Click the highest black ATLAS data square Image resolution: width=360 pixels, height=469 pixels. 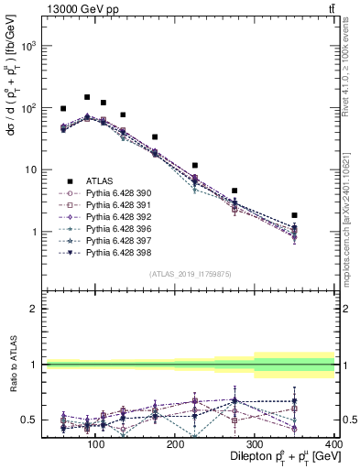[87, 97]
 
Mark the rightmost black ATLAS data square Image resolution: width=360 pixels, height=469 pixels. [294, 215]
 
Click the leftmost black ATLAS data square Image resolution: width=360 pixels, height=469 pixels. [63, 108]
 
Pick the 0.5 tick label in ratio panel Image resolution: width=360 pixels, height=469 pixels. [27, 420]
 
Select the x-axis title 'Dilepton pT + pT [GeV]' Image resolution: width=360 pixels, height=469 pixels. [278, 457]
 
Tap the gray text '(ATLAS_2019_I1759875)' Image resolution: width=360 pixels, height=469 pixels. [189, 272]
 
